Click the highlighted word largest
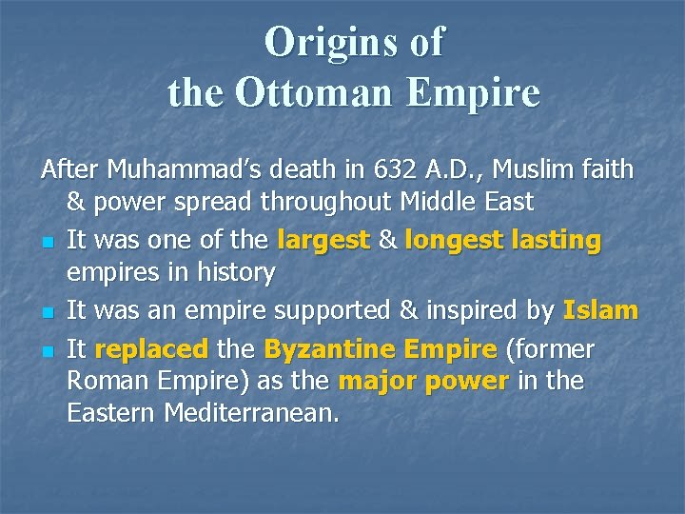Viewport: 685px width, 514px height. pyautogui.click(x=323, y=241)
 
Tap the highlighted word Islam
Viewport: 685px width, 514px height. pyautogui.click(x=600, y=311)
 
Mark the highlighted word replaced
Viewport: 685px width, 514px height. pyautogui.click(x=152, y=349)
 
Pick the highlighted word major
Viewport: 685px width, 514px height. pyautogui.click(x=370, y=382)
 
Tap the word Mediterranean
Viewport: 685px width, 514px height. pyautogui.click(x=252, y=414)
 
